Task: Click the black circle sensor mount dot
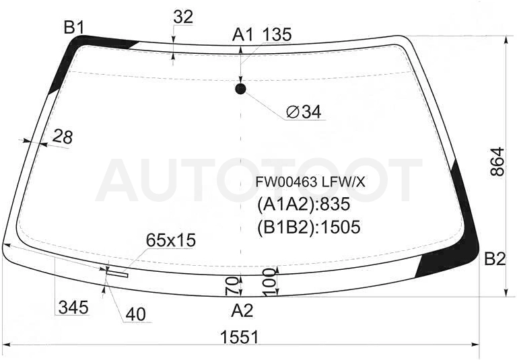click(x=241, y=89)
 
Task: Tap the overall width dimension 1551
click(x=240, y=337)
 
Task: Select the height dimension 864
click(x=497, y=161)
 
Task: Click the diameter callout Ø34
click(x=304, y=112)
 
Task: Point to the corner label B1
click(x=75, y=27)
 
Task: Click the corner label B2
click(x=495, y=259)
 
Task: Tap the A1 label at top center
click(x=243, y=34)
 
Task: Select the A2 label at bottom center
click(x=242, y=311)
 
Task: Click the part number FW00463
click(x=287, y=182)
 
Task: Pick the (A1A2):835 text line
click(x=304, y=204)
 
